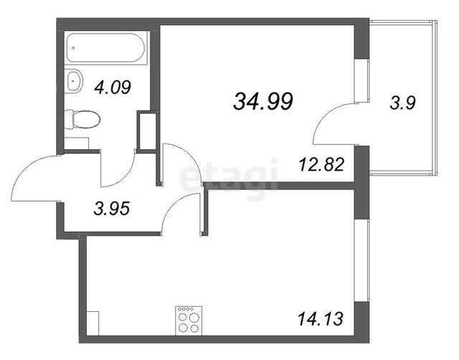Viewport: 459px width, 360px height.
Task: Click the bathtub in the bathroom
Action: pos(105,48)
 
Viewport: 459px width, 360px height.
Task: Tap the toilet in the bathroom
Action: pos(82,120)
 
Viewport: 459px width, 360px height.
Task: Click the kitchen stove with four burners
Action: pos(189,321)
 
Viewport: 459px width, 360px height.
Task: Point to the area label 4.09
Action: pos(113,87)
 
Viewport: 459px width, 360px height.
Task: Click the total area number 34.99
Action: pos(263,102)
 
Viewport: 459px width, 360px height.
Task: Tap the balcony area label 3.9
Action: pos(403,103)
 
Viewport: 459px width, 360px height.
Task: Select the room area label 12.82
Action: pos(321,164)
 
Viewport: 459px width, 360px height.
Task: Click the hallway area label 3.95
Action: pos(112,209)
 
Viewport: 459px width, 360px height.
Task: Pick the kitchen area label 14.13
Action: pos(321,318)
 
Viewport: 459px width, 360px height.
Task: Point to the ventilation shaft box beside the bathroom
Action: pos(147,131)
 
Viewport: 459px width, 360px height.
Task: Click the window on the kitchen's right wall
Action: pos(361,260)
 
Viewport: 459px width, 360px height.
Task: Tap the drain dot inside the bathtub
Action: pos(74,47)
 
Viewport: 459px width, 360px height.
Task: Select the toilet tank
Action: pos(69,120)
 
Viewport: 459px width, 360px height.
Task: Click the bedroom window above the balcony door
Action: pos(361,81)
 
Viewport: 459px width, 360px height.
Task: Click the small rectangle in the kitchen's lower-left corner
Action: pos(93,323)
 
